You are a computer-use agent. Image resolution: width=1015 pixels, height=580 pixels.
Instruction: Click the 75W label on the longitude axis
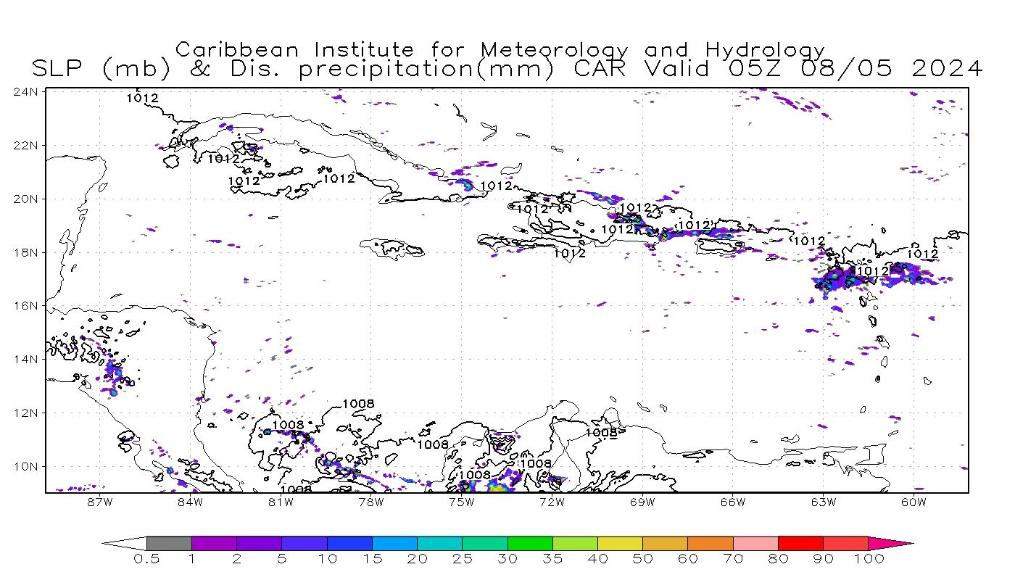(x=461, y=502)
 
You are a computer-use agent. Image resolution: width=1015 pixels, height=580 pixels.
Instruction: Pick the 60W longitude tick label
(x=914, y=502)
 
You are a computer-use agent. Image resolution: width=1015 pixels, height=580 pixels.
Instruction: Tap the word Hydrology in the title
(x=765, y=50)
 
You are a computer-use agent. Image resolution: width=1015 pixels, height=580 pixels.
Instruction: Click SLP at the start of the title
(x=59, y=69)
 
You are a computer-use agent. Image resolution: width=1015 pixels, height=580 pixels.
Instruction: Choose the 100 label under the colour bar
(x=869, y=559)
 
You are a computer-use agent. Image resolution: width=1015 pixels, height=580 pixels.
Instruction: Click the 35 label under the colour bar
(x=552, y=559)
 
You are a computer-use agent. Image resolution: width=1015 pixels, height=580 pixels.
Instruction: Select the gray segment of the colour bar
(x=169, y=543)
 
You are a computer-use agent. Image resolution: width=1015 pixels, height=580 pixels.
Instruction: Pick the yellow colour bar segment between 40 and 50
(x=620, y=543)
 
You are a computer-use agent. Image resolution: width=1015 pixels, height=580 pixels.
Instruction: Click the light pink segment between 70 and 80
(x=755, y=543)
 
